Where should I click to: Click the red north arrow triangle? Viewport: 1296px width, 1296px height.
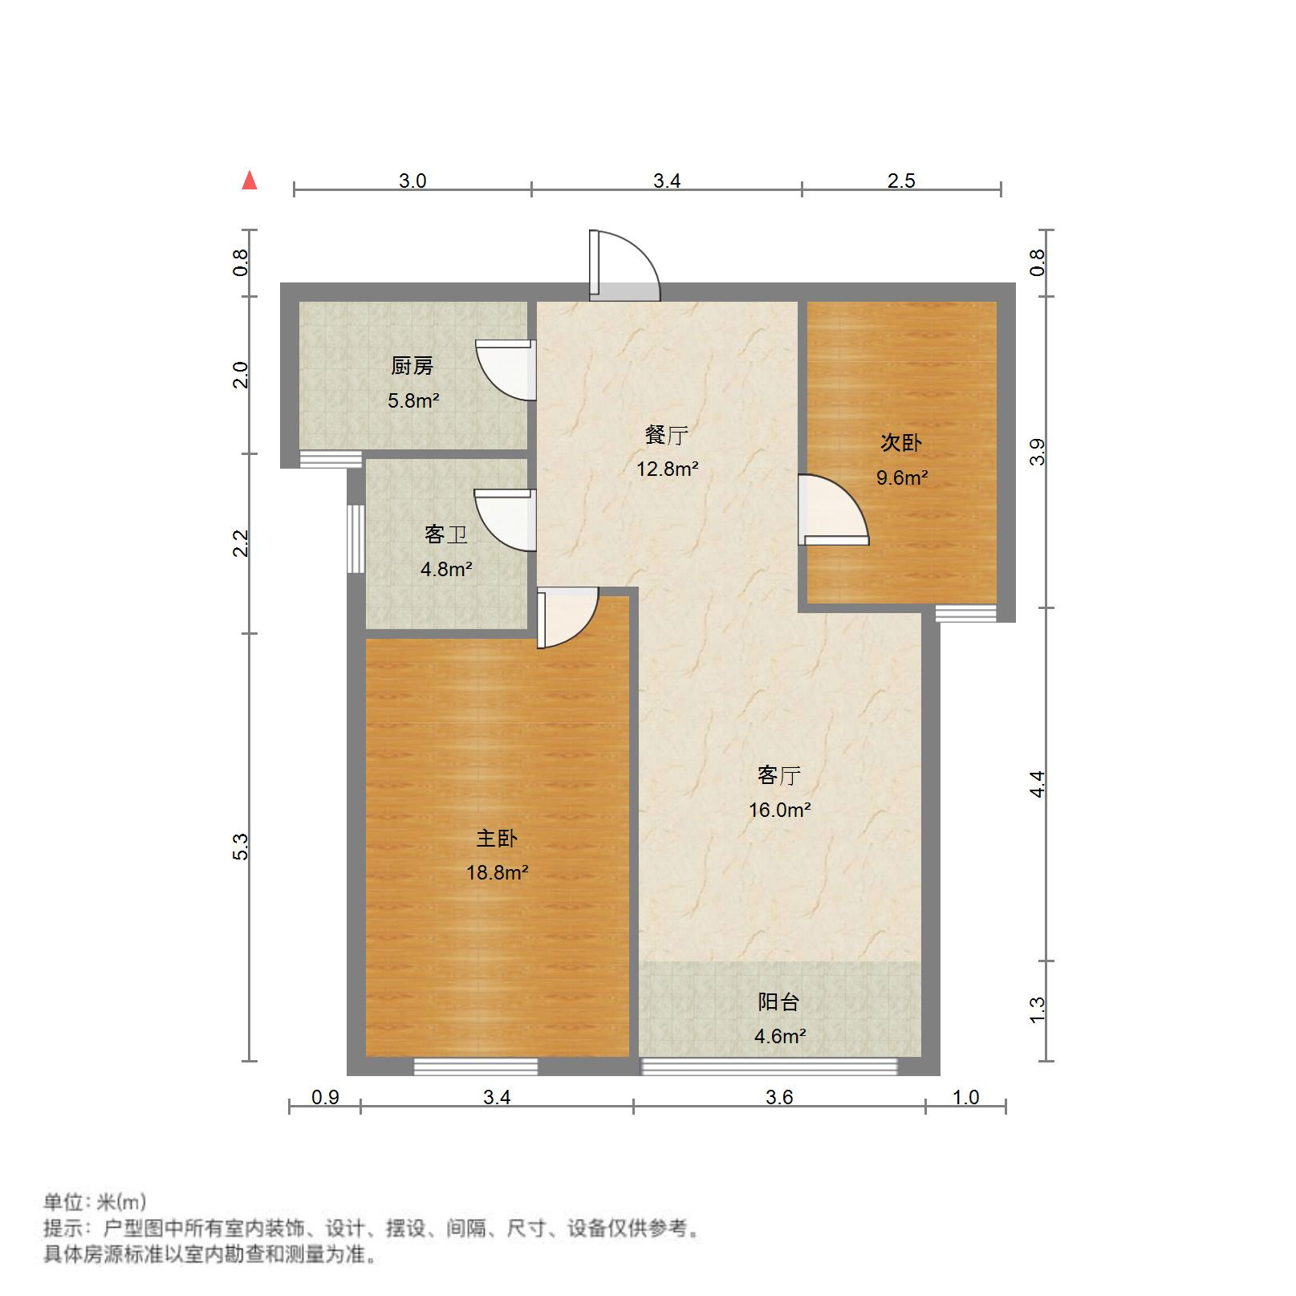click(x=250, y=181)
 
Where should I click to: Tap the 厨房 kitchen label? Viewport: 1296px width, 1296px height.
click(x=412, y=367)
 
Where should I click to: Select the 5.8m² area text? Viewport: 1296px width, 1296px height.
click(x=413, y=400)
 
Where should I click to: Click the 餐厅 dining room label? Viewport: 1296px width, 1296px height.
click(x=667, y=436)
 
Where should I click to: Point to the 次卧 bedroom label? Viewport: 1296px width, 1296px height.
click(x=901, y=443)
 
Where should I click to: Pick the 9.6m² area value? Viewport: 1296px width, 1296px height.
click(x=902, y=478)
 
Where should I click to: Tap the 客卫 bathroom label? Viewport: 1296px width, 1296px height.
click(x=446, y=534)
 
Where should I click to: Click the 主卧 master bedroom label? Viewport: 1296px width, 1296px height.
click(x=497, y=839)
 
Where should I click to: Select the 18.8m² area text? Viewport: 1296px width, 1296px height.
click(x=498, y=872)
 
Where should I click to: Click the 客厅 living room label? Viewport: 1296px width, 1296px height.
click(x=779, y=776)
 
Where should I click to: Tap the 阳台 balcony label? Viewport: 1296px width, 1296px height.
click(x=779, y=1002)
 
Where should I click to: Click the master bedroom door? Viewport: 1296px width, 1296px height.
click(x=567, y=617)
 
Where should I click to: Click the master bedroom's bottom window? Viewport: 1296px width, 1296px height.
click(x=475, y=1066)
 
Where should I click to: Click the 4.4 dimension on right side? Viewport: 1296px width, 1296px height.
click(x=1038, y=784)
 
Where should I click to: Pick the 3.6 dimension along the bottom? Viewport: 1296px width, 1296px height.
click(x=779, y=1097)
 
